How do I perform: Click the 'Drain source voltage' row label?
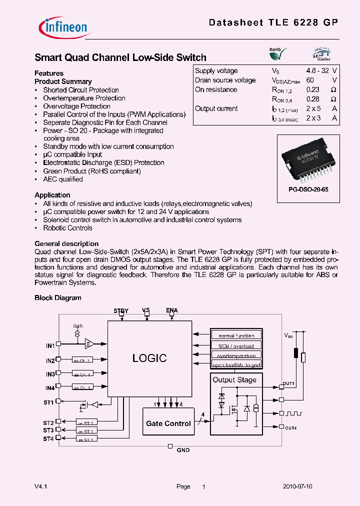click(x=225, y=80)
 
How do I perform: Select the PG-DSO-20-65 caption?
click(x=308, y=190)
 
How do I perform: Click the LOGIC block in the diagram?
click(x=149, y=358)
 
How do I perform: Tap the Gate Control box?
click(x=168, y=423)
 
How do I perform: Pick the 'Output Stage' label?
click(x=234, y=379)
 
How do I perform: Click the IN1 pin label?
click(x=50, y=345)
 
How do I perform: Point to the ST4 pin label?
click(x=48, y=438)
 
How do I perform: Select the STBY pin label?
click(x=121, y=310)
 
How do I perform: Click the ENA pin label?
click(x=171, y=310)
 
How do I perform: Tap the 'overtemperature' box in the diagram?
click(x=236, y=356)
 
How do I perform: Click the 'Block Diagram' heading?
click(x=57, y=297)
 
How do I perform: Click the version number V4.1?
click(x=41, y=486)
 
